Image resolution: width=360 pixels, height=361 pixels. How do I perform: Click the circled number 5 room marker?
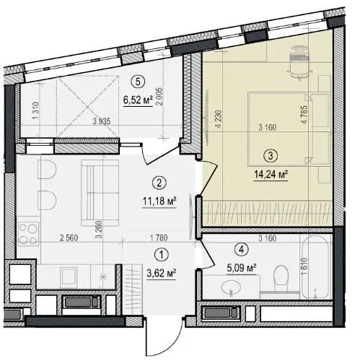138,82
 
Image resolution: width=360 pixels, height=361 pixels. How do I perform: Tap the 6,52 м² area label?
138,100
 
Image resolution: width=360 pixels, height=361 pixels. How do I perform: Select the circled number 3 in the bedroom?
271,156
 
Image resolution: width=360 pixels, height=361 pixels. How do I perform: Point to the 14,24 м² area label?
271,174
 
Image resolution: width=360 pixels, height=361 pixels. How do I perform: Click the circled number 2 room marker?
159,183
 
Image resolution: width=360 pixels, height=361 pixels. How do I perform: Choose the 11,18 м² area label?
159,201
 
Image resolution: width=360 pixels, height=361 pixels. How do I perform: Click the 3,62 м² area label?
162,274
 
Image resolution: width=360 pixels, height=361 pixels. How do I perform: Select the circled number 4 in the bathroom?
242,250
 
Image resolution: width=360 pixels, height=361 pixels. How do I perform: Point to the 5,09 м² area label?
241,268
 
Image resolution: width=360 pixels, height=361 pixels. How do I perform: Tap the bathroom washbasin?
231,288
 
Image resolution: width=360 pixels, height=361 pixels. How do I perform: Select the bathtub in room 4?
315,267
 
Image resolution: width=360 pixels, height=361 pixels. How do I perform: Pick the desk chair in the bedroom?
299,62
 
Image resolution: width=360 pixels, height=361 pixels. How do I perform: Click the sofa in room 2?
100,193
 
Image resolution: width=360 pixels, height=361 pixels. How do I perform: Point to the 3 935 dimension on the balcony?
102,121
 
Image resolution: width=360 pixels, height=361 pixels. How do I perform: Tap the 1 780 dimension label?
159,238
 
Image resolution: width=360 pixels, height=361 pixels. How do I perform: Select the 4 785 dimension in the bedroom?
304,114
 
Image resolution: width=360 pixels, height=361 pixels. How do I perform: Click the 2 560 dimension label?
69,238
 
